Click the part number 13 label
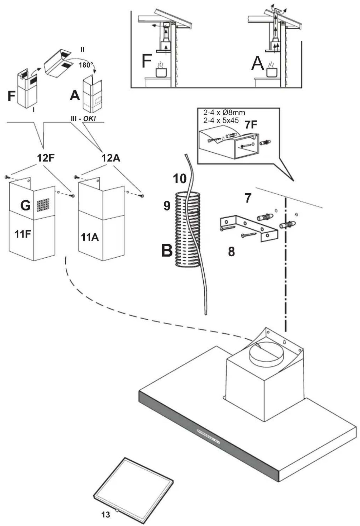(105, 514)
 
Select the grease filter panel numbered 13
(133, 487)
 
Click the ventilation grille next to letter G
(43, 205)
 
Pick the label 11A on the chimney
(90, 237)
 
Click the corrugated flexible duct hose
(188, 229)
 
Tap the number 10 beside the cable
(180, 179)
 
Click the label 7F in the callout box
(251, 125)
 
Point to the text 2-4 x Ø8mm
(224, 113)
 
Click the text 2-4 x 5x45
(221, 120)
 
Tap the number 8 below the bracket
(231, 252)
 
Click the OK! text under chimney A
(89, 119)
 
